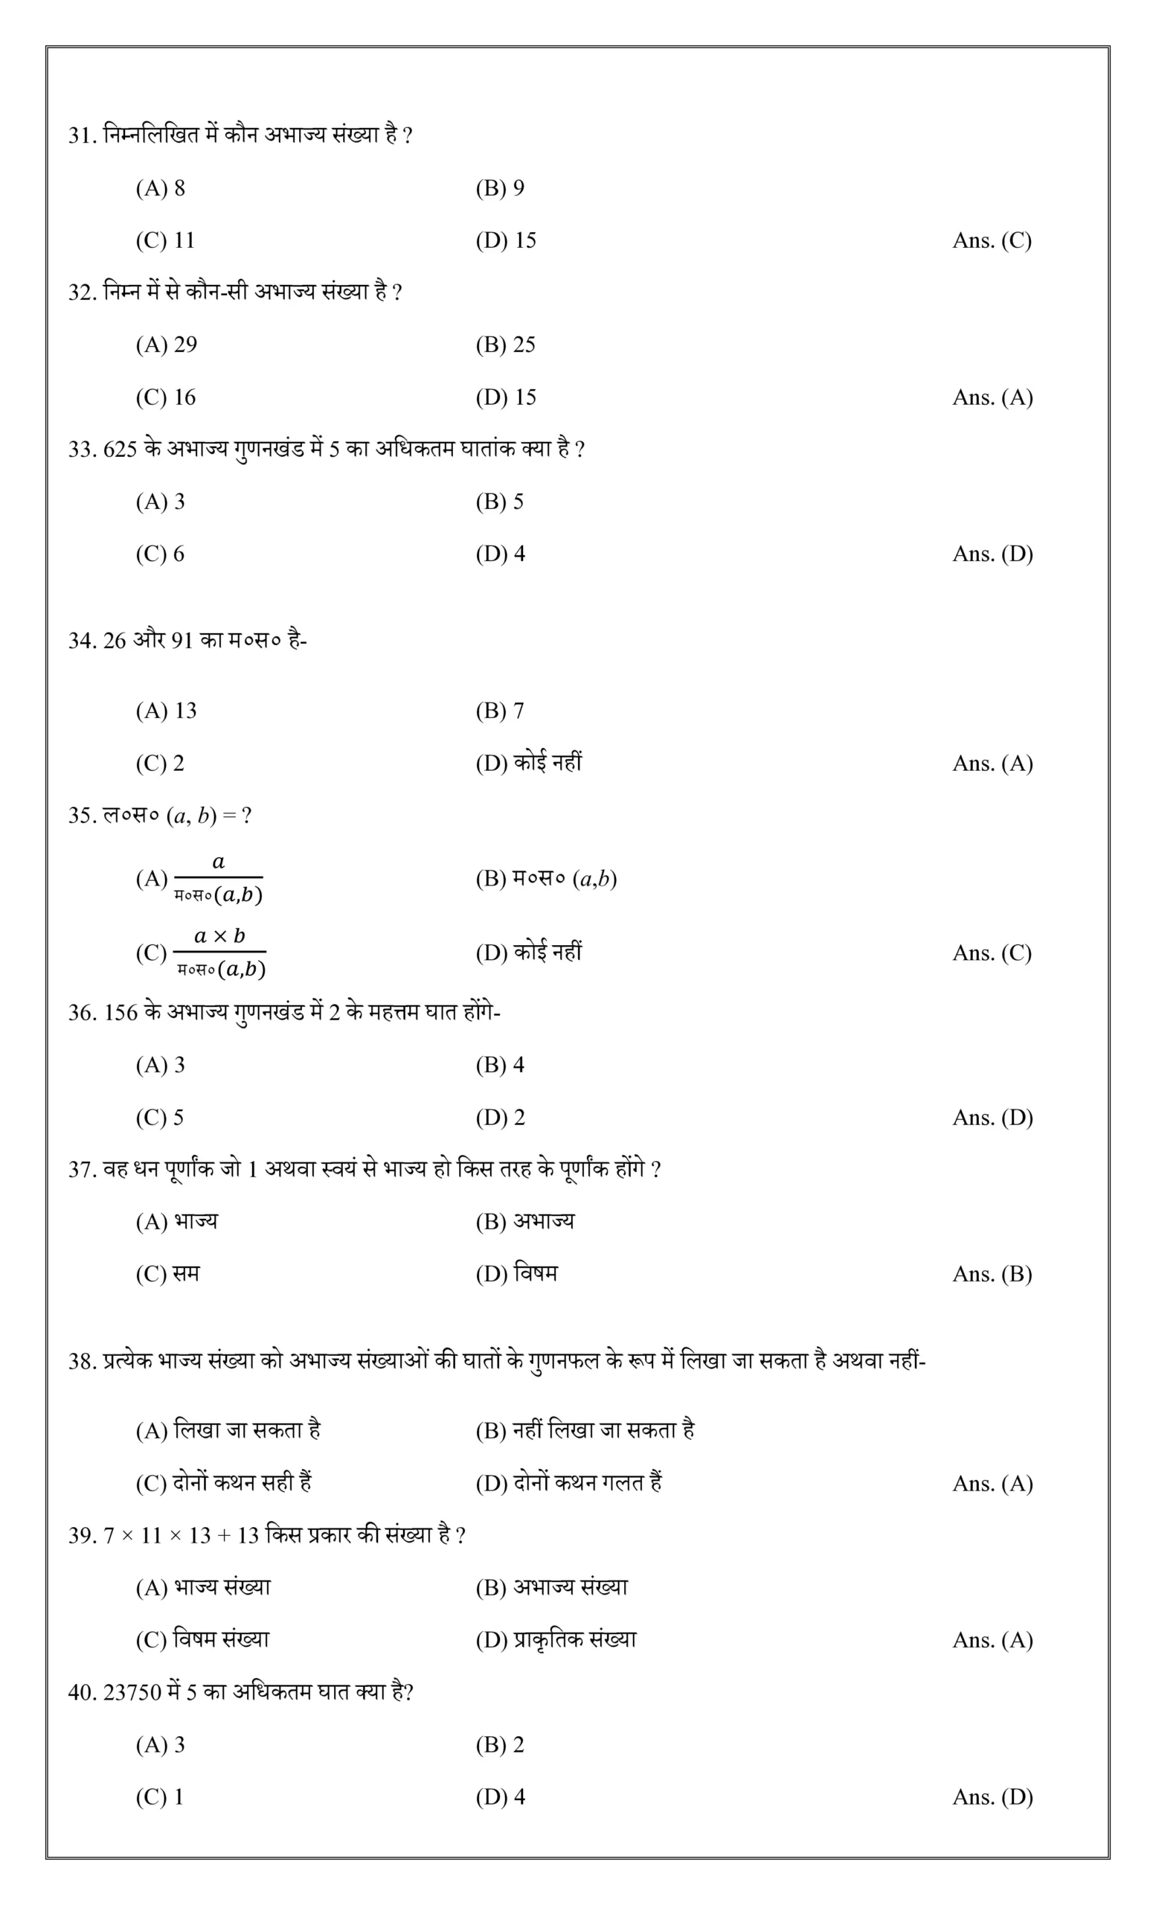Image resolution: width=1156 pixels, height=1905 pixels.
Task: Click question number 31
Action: tap(82, 135)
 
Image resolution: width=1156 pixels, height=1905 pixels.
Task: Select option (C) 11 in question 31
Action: tap(165, 240)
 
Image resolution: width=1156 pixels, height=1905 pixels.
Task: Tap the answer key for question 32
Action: tap(992, 397)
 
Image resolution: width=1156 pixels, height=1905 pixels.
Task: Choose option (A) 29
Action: tap(166, 345)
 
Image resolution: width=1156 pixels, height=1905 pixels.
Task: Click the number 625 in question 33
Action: tap(120, 449)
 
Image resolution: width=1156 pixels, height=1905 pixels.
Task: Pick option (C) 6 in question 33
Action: tap(160, 554)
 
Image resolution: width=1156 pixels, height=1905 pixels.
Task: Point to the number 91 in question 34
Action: tap(182, 641)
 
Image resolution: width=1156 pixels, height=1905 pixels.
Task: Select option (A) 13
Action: tap(166, 711)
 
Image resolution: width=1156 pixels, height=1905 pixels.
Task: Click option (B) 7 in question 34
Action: tap(499, 711)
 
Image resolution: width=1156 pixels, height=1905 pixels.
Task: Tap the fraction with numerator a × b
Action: tap(219, 952)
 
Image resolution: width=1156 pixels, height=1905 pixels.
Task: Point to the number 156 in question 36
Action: tap(120, 1013)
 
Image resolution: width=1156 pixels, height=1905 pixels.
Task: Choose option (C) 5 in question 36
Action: tap(160, 1118)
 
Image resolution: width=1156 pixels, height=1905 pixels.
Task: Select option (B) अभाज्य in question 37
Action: tap(524, 1222)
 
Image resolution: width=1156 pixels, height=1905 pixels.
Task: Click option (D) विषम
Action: tap(516, 1274)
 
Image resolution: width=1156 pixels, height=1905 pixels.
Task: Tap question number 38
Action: tap(82, 1362)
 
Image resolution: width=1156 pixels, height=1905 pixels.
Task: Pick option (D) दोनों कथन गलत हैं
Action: tap(569, 1484)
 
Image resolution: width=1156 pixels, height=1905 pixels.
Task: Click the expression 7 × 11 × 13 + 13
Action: tap(181, 1536)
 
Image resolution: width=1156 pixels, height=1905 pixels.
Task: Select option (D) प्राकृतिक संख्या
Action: tap(556, 1641)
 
